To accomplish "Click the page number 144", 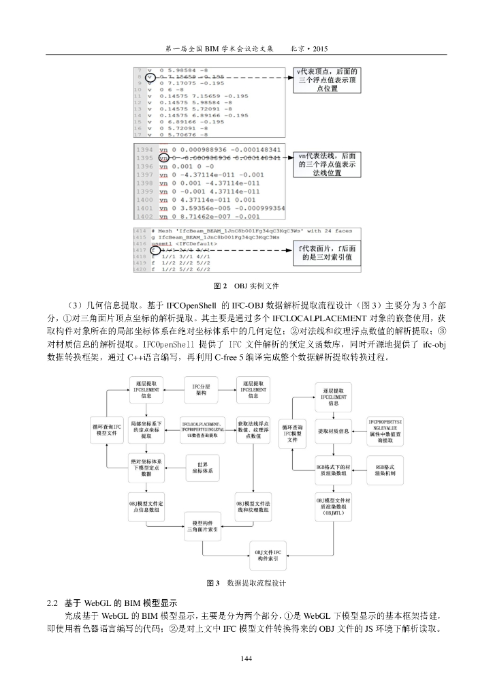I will click(x=246, y=658).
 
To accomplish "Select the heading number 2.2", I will click(x=52, y=603).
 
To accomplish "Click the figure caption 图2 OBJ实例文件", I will click(x=246, y=285).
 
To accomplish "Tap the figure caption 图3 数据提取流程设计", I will click(x=246, y=583).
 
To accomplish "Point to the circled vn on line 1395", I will click(x=163, y=157).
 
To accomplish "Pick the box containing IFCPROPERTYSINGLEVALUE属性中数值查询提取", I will click(x=386, y=427).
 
